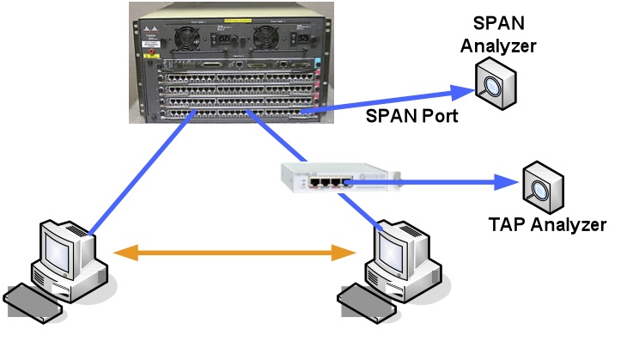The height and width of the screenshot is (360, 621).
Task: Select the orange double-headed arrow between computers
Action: click(x=236, y=253)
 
